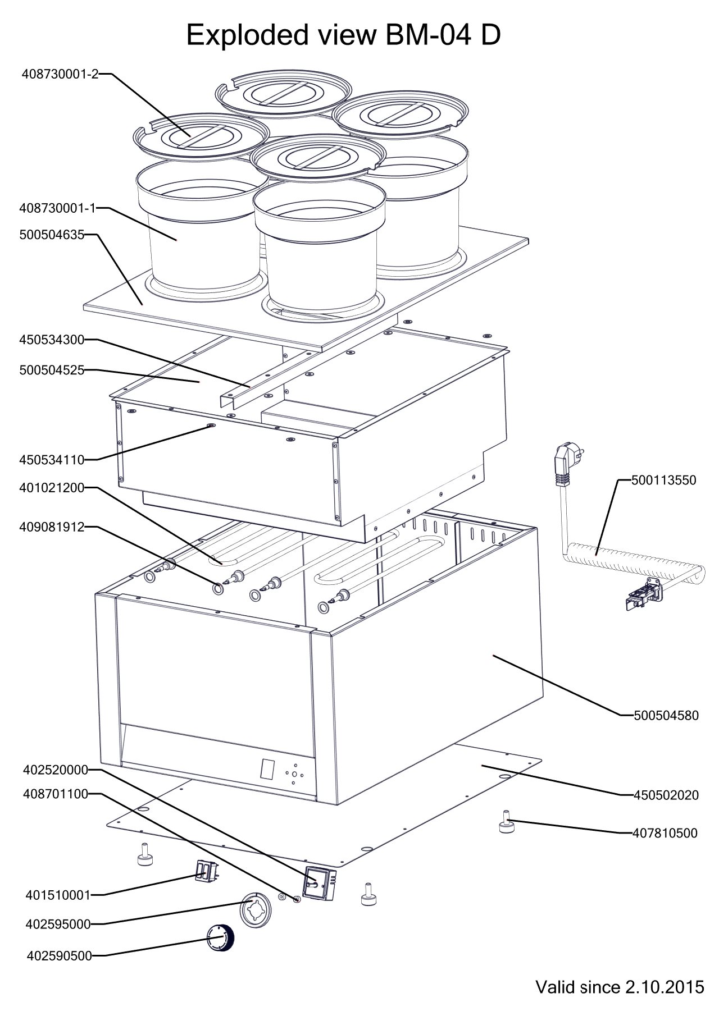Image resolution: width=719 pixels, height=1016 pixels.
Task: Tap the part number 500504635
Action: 51,235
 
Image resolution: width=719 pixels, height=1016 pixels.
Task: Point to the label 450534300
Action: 51,340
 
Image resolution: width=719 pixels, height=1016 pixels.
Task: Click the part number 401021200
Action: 51,488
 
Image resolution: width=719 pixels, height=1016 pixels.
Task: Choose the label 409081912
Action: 51,527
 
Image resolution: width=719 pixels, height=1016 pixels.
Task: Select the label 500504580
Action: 666,716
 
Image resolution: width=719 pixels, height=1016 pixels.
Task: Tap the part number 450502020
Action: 666,795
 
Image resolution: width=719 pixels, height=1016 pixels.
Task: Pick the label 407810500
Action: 666,833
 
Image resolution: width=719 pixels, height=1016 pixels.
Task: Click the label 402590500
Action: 58,956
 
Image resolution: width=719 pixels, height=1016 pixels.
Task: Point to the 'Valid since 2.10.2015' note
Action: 620,987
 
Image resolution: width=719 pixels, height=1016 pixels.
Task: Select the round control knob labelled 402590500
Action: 220,939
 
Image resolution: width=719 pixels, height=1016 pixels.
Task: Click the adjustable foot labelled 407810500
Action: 506,823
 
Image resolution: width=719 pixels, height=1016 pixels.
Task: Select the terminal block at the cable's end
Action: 643,594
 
